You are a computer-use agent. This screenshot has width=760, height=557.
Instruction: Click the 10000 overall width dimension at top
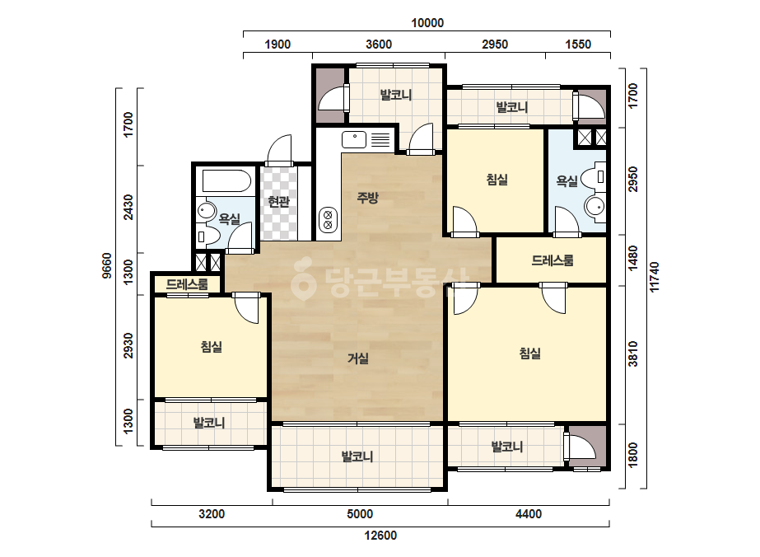(x=427, y=23)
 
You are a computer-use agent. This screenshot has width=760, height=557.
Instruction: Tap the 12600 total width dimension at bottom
(x=380, y=536)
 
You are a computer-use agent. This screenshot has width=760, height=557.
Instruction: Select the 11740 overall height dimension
(x=655, y=277)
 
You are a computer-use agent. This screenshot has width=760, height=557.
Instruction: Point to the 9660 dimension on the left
(x=107, y=266)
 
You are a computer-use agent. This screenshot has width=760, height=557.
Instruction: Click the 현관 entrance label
(x=278, y=201)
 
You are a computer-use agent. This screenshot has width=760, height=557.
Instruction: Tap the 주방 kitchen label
(x=367, y=198)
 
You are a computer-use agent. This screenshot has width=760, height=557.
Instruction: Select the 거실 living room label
(x=358, y=358)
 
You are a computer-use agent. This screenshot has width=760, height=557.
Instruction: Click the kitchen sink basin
(x=354, y=140)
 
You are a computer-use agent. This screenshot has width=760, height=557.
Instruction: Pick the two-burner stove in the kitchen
(x=328, y=219)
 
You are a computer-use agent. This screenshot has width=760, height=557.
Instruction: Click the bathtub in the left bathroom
(x=226, y=181)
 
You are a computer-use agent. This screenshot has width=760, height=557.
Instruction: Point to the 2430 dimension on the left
(x=128, y=207)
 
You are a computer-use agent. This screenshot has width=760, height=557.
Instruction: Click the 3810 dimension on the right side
(x=633, y=353)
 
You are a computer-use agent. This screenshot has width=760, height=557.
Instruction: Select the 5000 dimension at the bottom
(x=360, y=514)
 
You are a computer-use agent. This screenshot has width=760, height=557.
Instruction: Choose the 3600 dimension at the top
(x=379, y=44)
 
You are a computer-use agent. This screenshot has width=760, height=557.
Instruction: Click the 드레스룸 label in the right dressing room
(x=552, y=260)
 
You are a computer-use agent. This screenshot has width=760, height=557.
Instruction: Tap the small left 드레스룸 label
(x=187, y=283)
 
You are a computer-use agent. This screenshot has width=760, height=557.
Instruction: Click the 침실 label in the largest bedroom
(x=529, y=353)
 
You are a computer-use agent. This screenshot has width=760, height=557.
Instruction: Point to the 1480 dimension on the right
(x=633, y=259)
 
